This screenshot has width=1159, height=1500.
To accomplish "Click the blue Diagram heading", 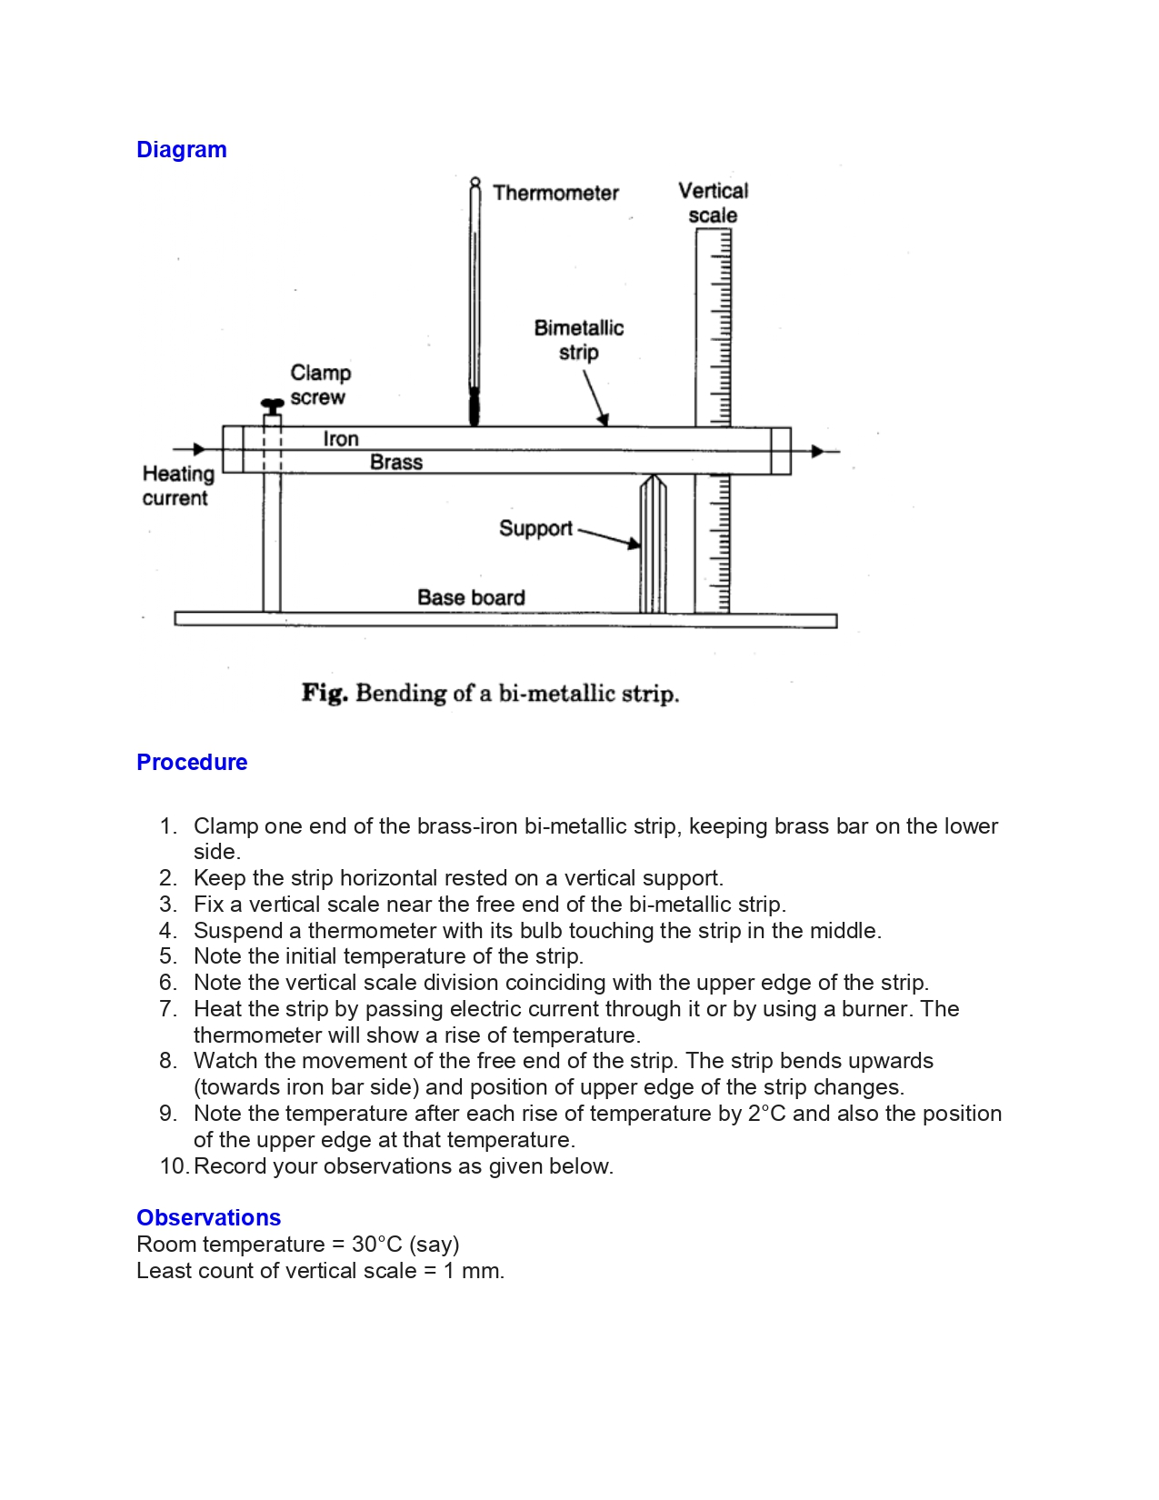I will click(x=181, y=150).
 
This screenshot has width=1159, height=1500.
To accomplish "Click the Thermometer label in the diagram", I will click(x=555, y=193).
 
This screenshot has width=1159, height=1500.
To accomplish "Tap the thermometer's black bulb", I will click(x=474, y=408).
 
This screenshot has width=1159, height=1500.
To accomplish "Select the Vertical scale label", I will click(x=714, y=203).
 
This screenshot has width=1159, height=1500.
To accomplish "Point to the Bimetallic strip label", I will click(x=579, y=340).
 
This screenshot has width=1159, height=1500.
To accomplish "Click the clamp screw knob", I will click(x=272, y=404).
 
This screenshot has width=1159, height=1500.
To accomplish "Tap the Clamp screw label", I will click(x=320, y=385).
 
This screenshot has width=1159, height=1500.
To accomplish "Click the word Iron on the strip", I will click(x=341, y=439).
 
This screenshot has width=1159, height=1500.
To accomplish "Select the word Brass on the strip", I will click(x=396, y=463).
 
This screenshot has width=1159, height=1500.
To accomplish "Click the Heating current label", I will click(x=177, y=485).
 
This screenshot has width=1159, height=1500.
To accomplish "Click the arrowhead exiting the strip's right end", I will click(x=817, y=451).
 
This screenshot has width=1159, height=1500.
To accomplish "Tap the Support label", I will click(x=535, y=528).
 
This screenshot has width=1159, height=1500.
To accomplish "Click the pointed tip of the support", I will click(x=653, y=476).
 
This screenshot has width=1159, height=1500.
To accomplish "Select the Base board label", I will click(x=471, y=597).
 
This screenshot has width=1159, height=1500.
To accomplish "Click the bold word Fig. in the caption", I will click(x=325, y=694).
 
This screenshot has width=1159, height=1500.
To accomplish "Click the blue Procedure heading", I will click(x=192, y=762).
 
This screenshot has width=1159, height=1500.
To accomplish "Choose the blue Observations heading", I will click(x=208, y=1217).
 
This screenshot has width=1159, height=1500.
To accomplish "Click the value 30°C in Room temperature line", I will click(x=376, y=1244).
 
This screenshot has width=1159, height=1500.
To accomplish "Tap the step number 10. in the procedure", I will click(x=173, y=1166).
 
